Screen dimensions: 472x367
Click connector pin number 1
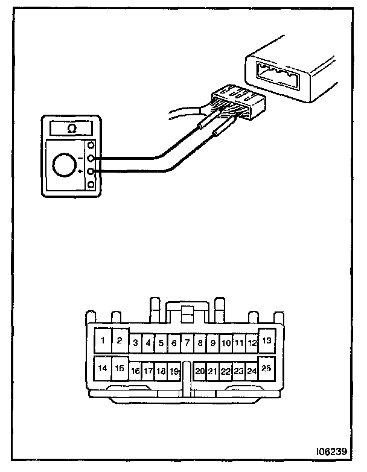pos(103,340)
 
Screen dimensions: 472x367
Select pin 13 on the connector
pos(266,340)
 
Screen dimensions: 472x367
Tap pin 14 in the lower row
pos(103,368)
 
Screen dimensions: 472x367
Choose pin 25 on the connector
pos(266,368)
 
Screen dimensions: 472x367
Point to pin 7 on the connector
pos(187,343)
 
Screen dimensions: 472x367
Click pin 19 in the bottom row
pos(174,371)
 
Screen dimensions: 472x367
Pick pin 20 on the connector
pos(200,371)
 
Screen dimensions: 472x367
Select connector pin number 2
pos(120,340)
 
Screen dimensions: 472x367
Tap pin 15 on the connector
pos(120,368)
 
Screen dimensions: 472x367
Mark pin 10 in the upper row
pos(226,343)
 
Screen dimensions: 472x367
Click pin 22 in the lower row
pos(226,371)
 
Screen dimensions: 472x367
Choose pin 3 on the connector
pos(135,343)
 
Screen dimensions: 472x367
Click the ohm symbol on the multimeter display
pos(71,129)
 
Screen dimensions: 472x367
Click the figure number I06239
pos(330,451)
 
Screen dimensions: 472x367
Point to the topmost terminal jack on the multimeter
pos(91,146)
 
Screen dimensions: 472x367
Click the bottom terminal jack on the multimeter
pos(91,185)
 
